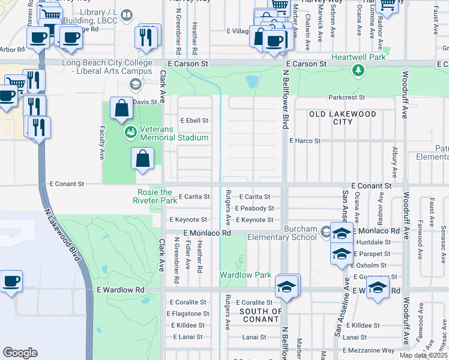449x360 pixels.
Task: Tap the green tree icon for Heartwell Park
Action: coord(358,71)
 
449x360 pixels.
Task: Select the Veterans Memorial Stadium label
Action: coord(174,133)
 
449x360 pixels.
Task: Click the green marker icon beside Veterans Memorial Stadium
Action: coord(129,131)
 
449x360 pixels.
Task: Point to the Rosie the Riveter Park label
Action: coord(155,196)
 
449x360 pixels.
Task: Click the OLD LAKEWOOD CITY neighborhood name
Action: coord(342,118)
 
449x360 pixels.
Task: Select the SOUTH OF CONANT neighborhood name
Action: coord(261,315)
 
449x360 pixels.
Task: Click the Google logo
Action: coord(20,353)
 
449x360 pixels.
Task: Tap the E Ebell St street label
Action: coord(194,121)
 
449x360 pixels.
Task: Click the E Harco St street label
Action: coord(305,141)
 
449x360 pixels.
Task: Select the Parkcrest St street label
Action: coord(346,97)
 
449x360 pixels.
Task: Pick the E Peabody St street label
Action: coord(254,208)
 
